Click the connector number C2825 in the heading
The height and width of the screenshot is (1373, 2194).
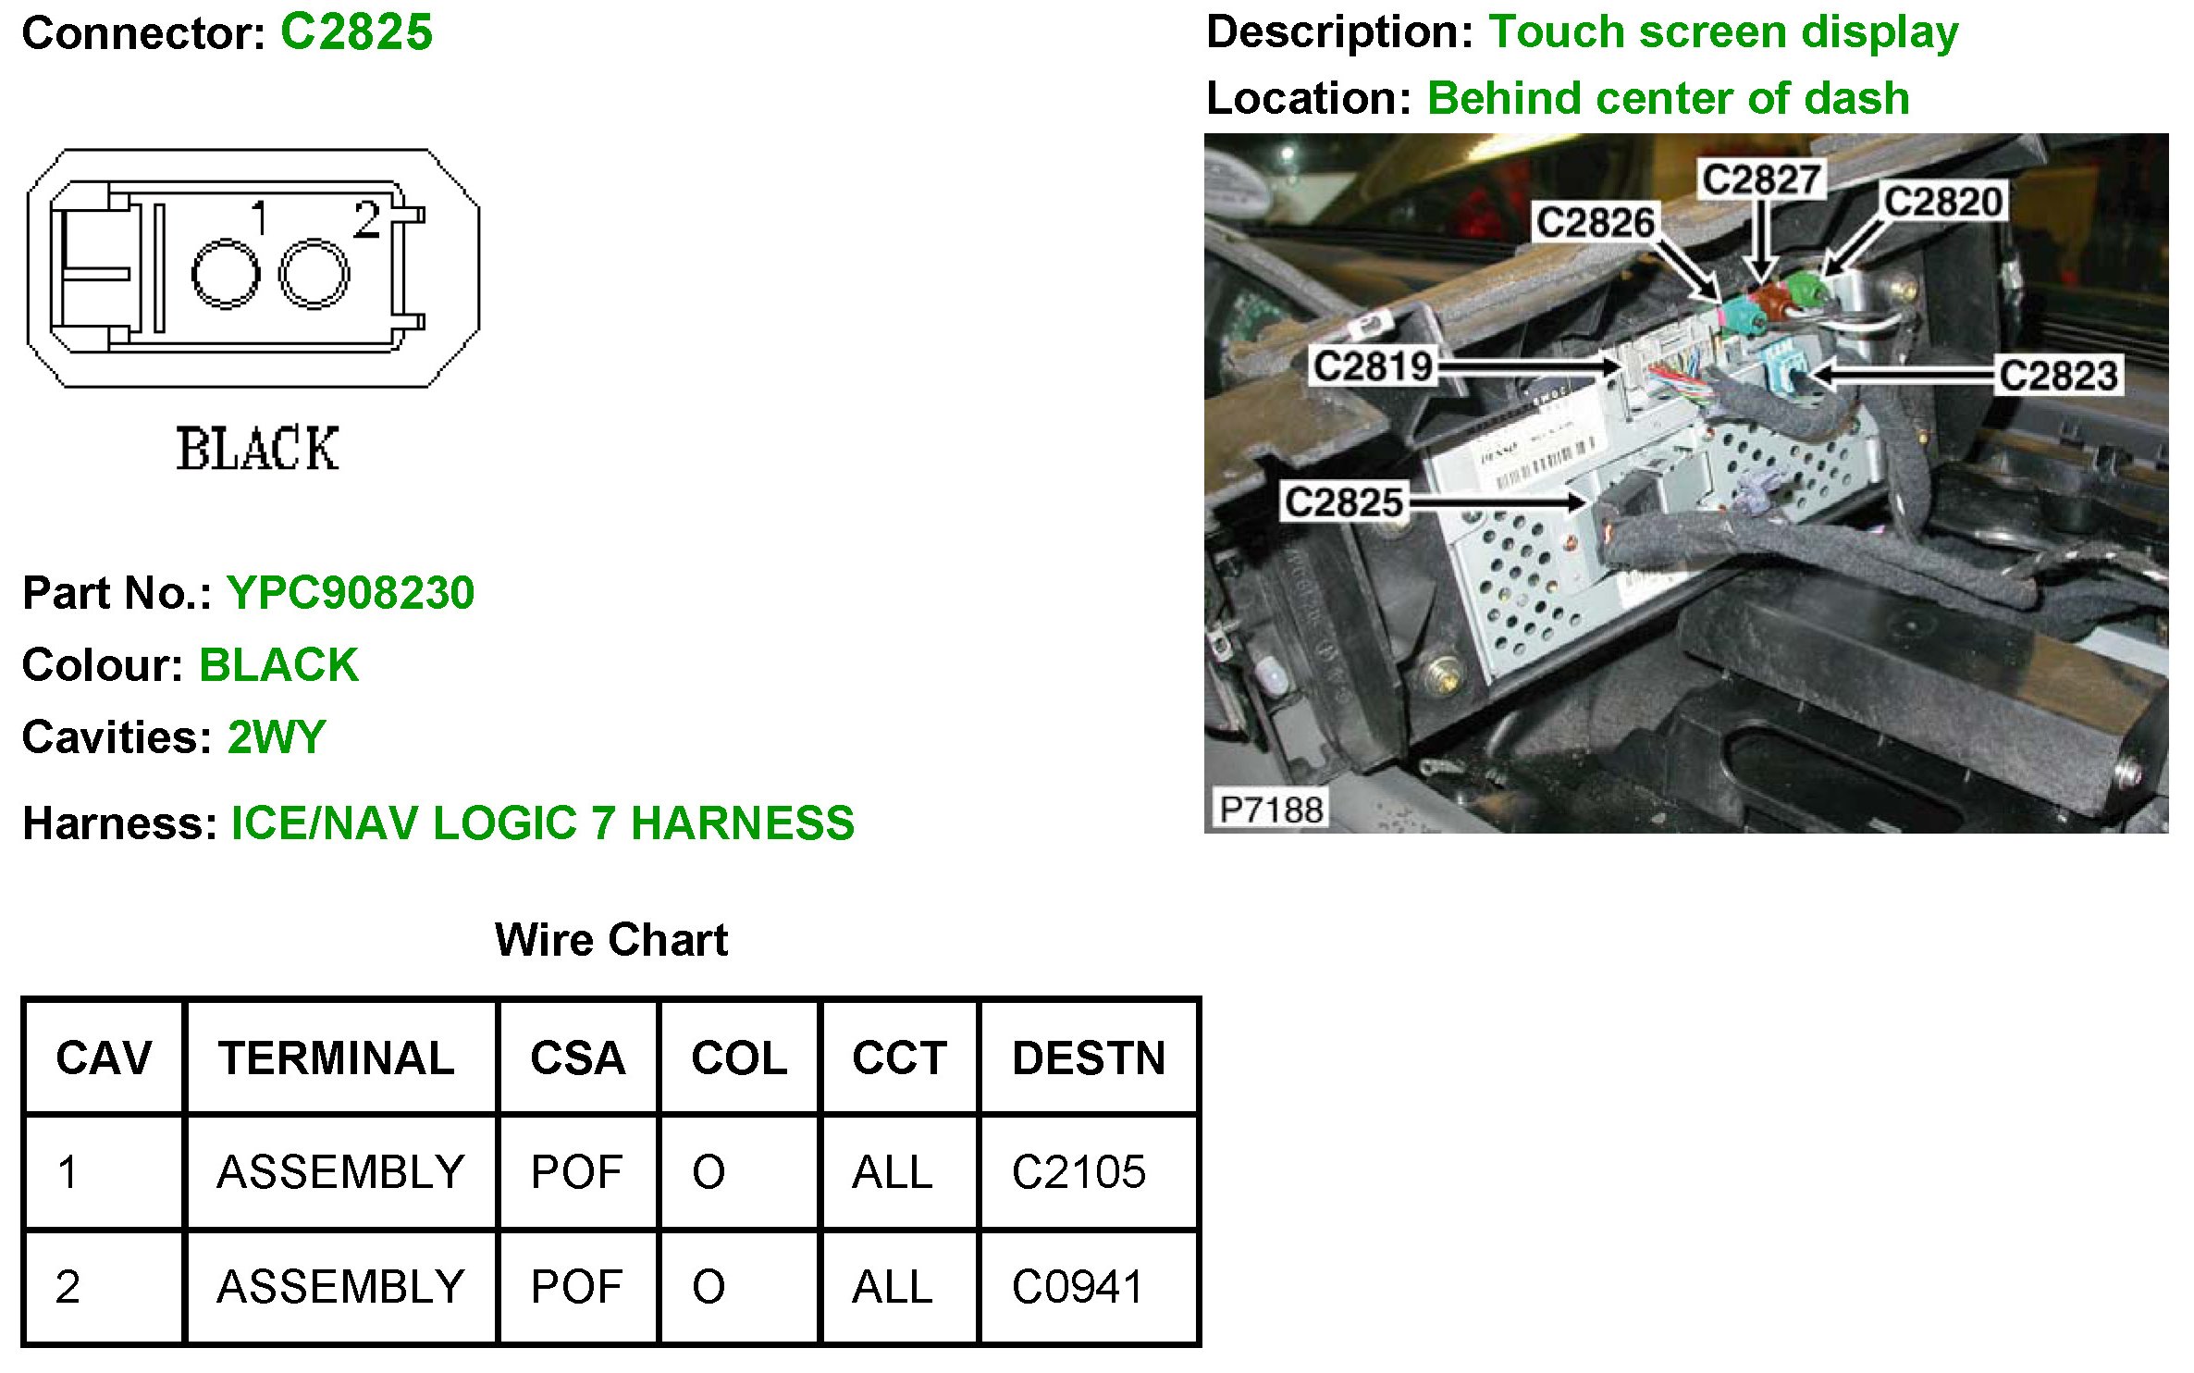pyautogui.click(x=356, y=32)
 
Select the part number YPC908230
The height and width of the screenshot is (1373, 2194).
pyautogui.click(x=351, y=593)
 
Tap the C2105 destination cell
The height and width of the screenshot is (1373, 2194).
pyautogui.click(x=1079, y=1172)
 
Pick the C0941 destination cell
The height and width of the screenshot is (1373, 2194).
pyautogui.click(x=1078, y=1287)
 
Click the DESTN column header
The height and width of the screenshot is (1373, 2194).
pyautogui.click(x=1089, y=1058)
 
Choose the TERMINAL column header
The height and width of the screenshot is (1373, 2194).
pyautogui.click(x=337, y=1058)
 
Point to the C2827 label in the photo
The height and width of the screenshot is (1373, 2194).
pyautogui.click(x=1761, y=179)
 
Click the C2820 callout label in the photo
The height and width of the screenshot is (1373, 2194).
pyautogui.click(x=1943, y=202)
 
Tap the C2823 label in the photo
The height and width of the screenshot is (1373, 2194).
pyautogui.click(x=2058, y=376)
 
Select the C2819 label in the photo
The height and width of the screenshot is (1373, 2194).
pyautogui.click(x=1373, y=366)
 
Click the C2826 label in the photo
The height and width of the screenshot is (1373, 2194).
pyautogui.click(x=1595, y=222)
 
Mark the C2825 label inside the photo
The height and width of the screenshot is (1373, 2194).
pyautogui.click(x=1344, y=502)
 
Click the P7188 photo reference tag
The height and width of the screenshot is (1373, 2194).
pyautogui.click(x=1271, y=810)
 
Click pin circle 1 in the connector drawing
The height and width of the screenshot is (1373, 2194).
pyautogui.click(x=225, y=274)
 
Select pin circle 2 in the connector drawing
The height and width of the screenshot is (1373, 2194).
pyautogui.click(x=314, y=273)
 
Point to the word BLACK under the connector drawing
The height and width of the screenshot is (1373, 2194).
pyautogui.click(x=257, y=450)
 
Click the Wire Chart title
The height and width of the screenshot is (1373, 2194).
pyautogui.click(x=611, y=940)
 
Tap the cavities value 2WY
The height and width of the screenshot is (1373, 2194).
pyautogui.click(x=277, y=737)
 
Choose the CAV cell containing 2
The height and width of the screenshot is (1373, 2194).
pyautogui.click(x=68, y=1287)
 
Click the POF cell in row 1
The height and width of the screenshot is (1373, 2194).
pyautogui.click(x=576, y=1172)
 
